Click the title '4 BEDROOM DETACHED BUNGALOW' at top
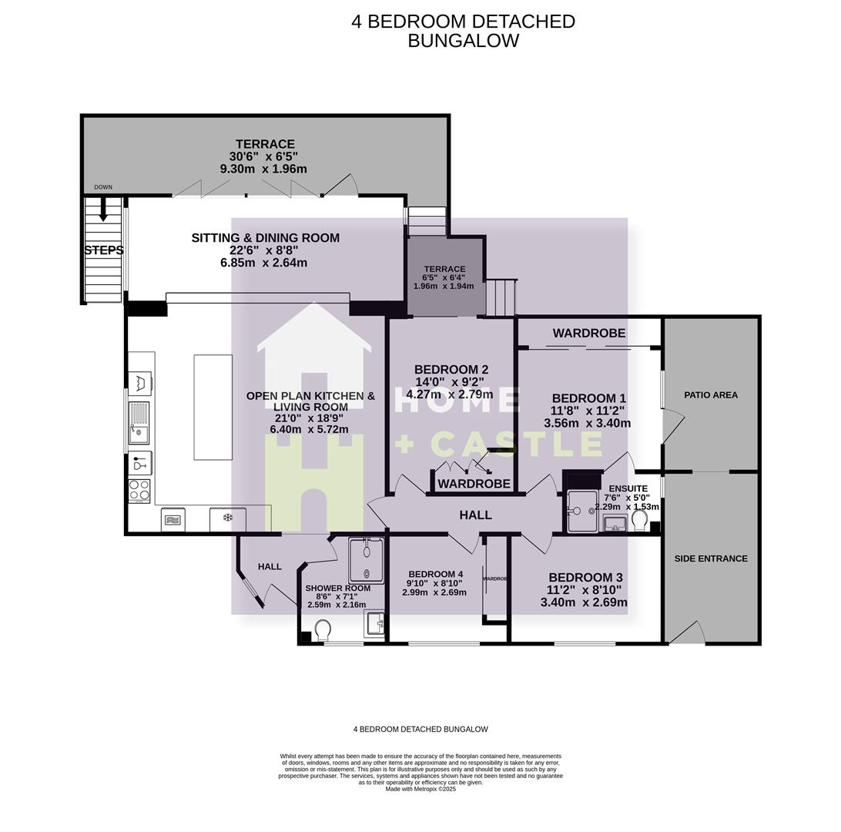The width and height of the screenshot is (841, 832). pyautogui.click(x=463, y=31)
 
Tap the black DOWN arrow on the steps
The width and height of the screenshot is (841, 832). pyautogui.click(x=103, y=212)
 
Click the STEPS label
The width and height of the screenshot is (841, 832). pyautogui.click(x=104, y=250)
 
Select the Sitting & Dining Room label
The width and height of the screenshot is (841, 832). pyautogui.click(x=265, y=238)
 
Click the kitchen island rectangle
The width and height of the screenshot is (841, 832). pyautogui.click(x=213, y=407)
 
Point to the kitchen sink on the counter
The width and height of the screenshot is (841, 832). pyautogui.click(x=139, y=423)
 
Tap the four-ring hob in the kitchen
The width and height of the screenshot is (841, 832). pyautogui.click(x=139, y=491)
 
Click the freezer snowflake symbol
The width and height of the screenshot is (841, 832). pyautogui.click(x=227, y=518)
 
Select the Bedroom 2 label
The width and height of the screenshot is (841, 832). pyautogui.click(x=451, y=370)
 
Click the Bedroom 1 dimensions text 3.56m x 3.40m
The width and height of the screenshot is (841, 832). pyautogui.click(x=587, y=423)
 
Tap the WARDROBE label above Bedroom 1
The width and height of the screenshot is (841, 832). pyautogui.click(x=588, y=334)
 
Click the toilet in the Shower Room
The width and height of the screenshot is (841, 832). pyautogui.click(x=323, y=630)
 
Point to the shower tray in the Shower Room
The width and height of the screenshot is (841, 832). pyautogui.click(x=366, y=560)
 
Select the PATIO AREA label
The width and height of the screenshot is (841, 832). pyautogui.click(x=711, y=395)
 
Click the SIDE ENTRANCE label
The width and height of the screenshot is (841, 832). pyautogui.click(x=711, y=559)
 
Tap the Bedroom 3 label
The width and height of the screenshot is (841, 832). pyautogui.click(x=585, y=578)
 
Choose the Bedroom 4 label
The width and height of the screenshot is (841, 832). pyautogui.click(x=435, y=574)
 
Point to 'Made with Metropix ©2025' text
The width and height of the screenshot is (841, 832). pyautogui.click(x=420, y=789)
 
